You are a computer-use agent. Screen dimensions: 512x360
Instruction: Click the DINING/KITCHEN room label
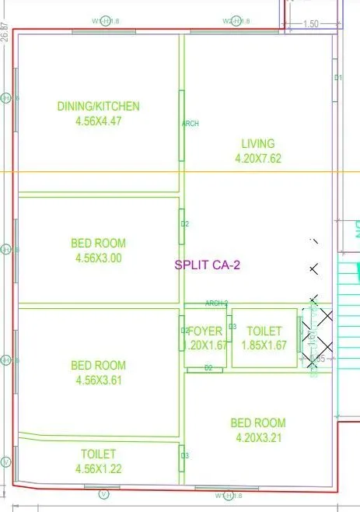click(98, 107)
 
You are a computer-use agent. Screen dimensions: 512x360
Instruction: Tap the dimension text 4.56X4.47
click(98, 121)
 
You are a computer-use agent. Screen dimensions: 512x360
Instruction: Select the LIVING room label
click(257, 143)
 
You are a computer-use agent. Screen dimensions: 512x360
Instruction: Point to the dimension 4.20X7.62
click(257, 158)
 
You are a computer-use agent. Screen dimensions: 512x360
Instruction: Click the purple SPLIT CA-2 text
click(208, 265)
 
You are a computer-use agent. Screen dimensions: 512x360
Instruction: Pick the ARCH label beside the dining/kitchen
click(190, 123)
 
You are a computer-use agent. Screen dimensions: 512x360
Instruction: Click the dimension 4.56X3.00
click(98, 258)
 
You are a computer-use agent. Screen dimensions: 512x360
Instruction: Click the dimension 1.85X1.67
click(264, 346)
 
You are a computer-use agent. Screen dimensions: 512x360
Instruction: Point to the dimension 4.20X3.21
click(257, 437)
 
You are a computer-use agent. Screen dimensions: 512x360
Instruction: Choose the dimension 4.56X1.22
click(98, 468)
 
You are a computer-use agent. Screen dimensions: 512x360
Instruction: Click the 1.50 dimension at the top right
click(311, 24)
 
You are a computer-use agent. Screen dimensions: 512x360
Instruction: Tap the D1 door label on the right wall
click(338, 78)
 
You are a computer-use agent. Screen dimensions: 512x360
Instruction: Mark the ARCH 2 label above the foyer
click(216, 303)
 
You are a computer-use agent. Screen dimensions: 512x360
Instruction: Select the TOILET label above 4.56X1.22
click(98, 454)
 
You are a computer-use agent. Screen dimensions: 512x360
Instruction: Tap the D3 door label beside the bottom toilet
click(184, 456)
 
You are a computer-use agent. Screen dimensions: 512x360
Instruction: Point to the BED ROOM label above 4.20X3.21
click(257, 423)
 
